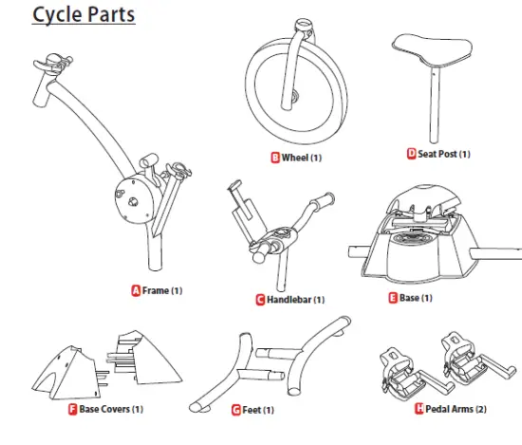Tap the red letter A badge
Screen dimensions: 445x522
pos(136,290)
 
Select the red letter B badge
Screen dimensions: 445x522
pos(275,158)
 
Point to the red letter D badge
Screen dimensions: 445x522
pos(411,153)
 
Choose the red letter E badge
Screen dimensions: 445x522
pos(393,298)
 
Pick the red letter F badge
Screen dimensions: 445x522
pos(72,409)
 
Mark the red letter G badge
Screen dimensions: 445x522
pos(236,410)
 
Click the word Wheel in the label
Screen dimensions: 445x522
pos(294,158)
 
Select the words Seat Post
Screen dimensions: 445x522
pos(438,153)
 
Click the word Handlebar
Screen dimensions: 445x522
pos(288,300)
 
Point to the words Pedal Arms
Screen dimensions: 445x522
pos(451,409)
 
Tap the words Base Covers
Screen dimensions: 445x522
pos(104,409)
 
